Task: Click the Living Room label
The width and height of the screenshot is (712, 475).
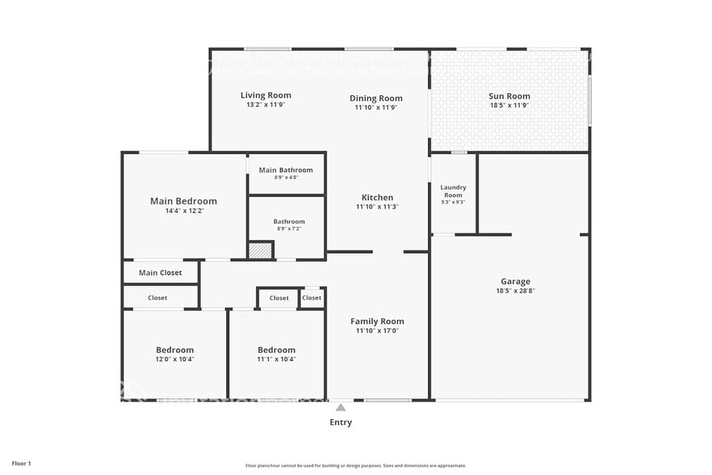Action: click(266, 95)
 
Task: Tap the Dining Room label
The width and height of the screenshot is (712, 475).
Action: click(375, 99)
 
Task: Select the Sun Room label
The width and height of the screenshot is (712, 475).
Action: click(509, 96)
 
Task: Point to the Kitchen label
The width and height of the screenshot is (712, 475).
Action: click(377, 197)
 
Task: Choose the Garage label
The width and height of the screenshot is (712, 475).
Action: click(515, 282)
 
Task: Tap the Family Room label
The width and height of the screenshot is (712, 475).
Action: click(377, 321)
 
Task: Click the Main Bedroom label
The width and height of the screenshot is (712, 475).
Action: click(183, 201)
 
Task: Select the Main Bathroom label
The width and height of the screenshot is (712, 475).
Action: click(286, 170)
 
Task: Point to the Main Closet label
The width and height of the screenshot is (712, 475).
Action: click(161, 272)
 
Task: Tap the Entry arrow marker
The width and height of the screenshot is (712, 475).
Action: click(341, 407)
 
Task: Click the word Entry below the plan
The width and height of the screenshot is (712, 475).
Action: click(341, 422)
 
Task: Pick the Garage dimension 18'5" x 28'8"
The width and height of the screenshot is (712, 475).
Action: click(515, 291)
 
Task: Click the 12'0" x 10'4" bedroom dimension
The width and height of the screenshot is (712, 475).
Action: click(174, 359)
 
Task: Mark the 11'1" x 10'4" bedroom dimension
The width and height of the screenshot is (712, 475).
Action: click(276, 359)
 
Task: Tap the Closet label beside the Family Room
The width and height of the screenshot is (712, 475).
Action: click(312, 297)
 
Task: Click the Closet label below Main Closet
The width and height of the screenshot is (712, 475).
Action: click(157, 297)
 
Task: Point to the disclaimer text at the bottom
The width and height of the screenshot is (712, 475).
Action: click(355, 465)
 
